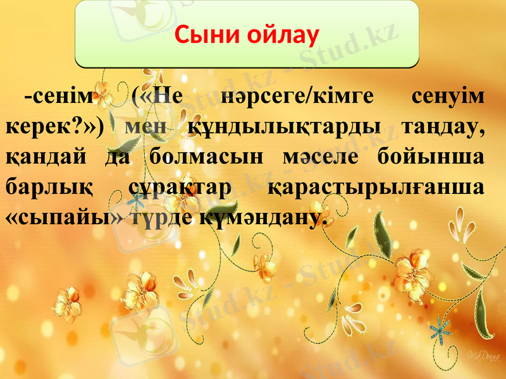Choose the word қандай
click(x=44, y=157)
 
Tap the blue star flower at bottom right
click(x=441, y=329)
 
